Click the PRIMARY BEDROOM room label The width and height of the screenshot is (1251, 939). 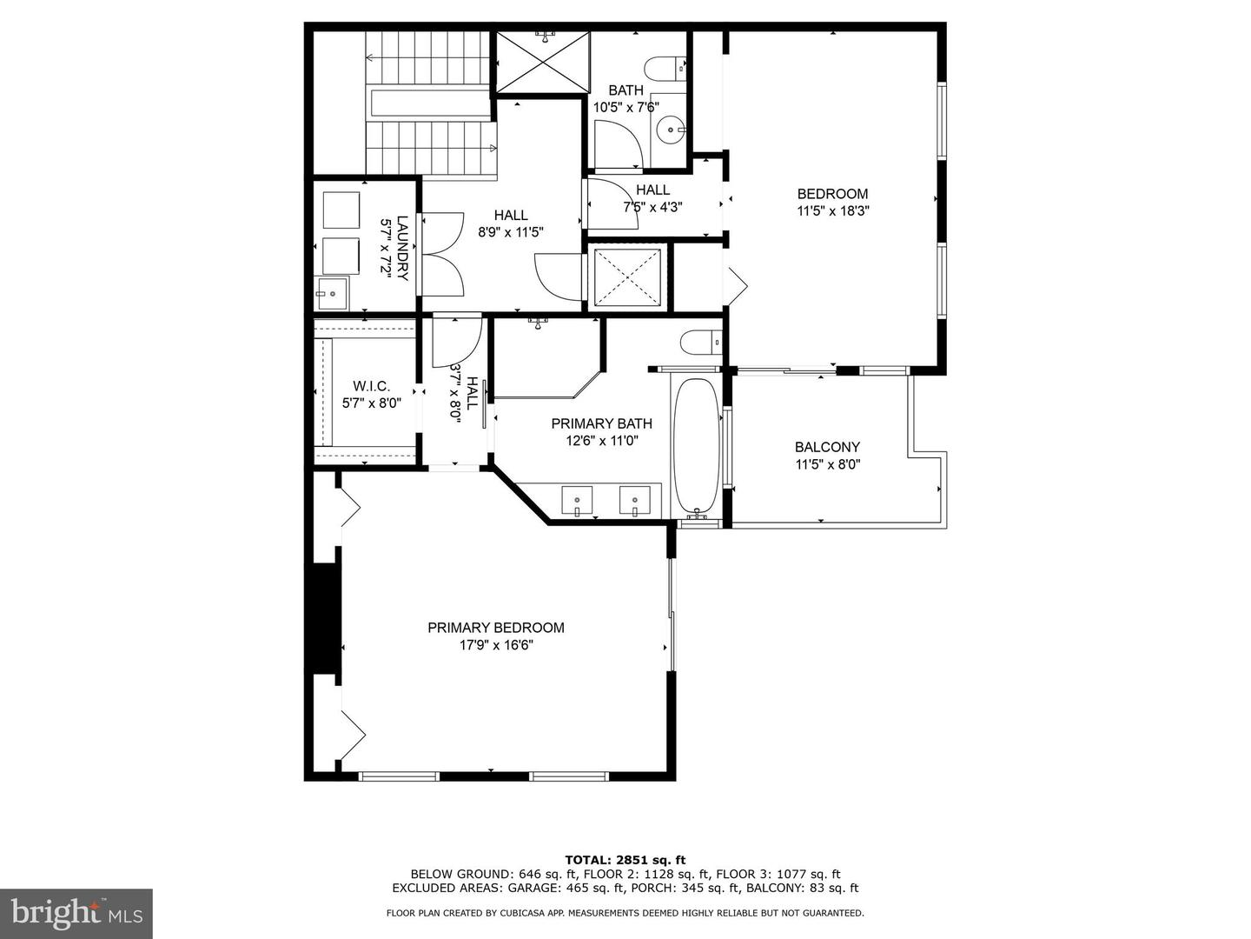pos(495,628)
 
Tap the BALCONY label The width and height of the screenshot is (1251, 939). pos(827,448)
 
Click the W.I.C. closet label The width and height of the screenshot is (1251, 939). pos(371,386)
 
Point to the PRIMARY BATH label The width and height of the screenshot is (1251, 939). pos(601,424)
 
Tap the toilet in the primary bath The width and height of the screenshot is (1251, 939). pos(701,343)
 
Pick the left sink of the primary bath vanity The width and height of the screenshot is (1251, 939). pos(577,501)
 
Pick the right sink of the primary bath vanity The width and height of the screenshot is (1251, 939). pos(634,501)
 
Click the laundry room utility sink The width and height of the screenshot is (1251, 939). pos(331,294)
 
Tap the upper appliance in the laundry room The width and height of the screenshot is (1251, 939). pos(341,210)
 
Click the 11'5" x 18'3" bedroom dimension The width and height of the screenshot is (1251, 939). pos(832,210)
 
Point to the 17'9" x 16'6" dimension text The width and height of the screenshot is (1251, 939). pos(495,645)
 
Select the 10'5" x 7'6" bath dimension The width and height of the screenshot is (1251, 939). pos(625,108)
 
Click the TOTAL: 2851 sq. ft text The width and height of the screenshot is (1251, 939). pos(625,860)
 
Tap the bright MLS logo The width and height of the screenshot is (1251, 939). pos(76,913)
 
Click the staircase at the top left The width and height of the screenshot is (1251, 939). pos(430,104)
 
